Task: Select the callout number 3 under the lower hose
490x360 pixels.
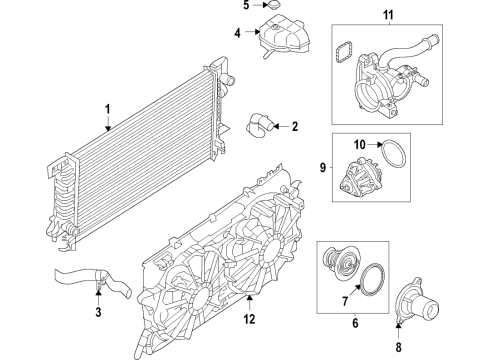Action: (x=98, y=313)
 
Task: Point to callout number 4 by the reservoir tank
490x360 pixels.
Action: (x=237, y=34)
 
